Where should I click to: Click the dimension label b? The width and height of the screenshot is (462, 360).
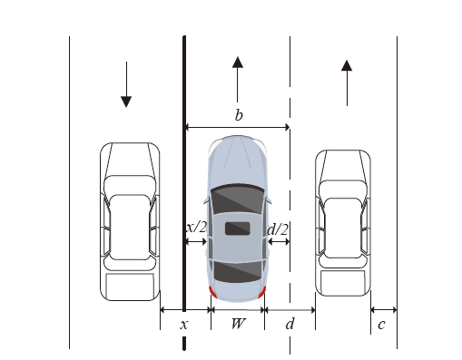[239, 115]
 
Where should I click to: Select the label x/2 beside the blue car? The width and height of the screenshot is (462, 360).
[196, 227]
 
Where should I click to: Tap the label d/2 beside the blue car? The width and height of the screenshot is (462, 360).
[278, 229]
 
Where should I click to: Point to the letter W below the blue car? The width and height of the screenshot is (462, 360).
[238, 324]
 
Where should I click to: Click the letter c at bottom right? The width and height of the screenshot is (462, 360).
[381, 325]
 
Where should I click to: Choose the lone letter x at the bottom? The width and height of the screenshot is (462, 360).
[184, 325]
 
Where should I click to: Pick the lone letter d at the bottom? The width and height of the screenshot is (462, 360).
[290, 324]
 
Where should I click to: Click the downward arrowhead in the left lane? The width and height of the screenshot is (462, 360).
[126, 102]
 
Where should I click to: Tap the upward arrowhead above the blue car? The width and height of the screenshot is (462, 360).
[238, 62]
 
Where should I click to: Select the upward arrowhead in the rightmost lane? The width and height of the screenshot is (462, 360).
[347, 65]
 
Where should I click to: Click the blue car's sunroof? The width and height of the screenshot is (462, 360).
[238, 229]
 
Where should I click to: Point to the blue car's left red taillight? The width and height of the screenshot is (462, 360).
[213, 292]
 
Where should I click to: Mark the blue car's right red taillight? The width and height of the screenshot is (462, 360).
[262, 292]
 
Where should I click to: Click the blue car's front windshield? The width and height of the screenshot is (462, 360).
[238, 199]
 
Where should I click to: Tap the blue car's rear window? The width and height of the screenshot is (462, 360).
[238, 272]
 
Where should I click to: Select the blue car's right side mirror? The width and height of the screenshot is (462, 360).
[269, 200]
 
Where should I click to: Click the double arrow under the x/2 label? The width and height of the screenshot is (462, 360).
[196, 241]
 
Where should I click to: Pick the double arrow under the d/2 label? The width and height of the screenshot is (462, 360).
[279, 241]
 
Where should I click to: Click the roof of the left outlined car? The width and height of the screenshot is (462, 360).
[130, 227]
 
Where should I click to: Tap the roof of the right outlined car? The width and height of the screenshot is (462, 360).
[343, 228]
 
